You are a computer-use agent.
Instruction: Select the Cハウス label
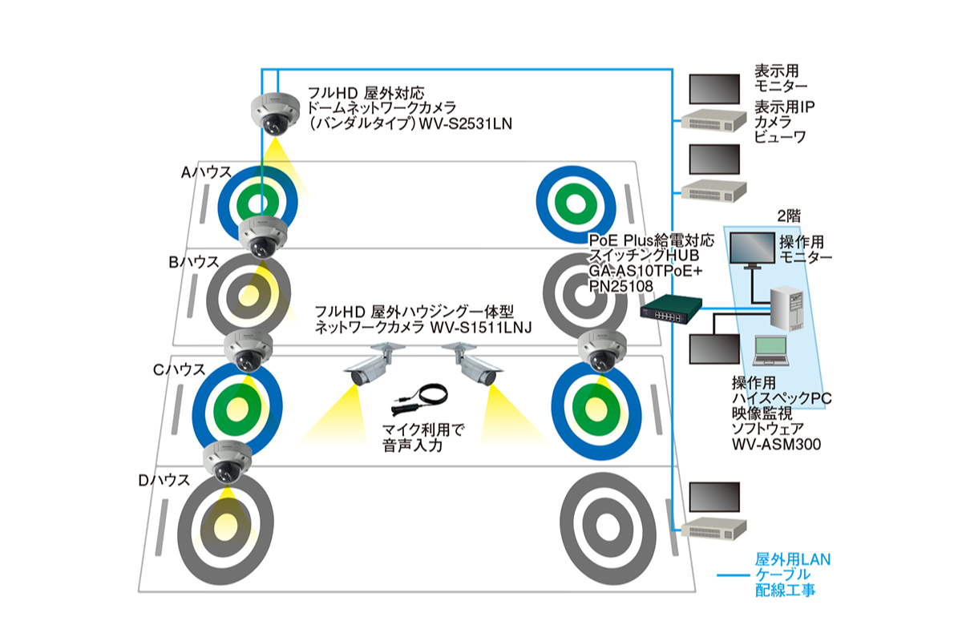(x=180, y=370)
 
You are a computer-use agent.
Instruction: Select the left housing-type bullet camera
(x=370, y=366)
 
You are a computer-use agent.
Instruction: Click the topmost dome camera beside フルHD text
(x=275, y=114)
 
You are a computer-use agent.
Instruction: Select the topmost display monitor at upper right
(x=713, y=89)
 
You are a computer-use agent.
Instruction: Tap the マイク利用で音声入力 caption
(x=423, y=435)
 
